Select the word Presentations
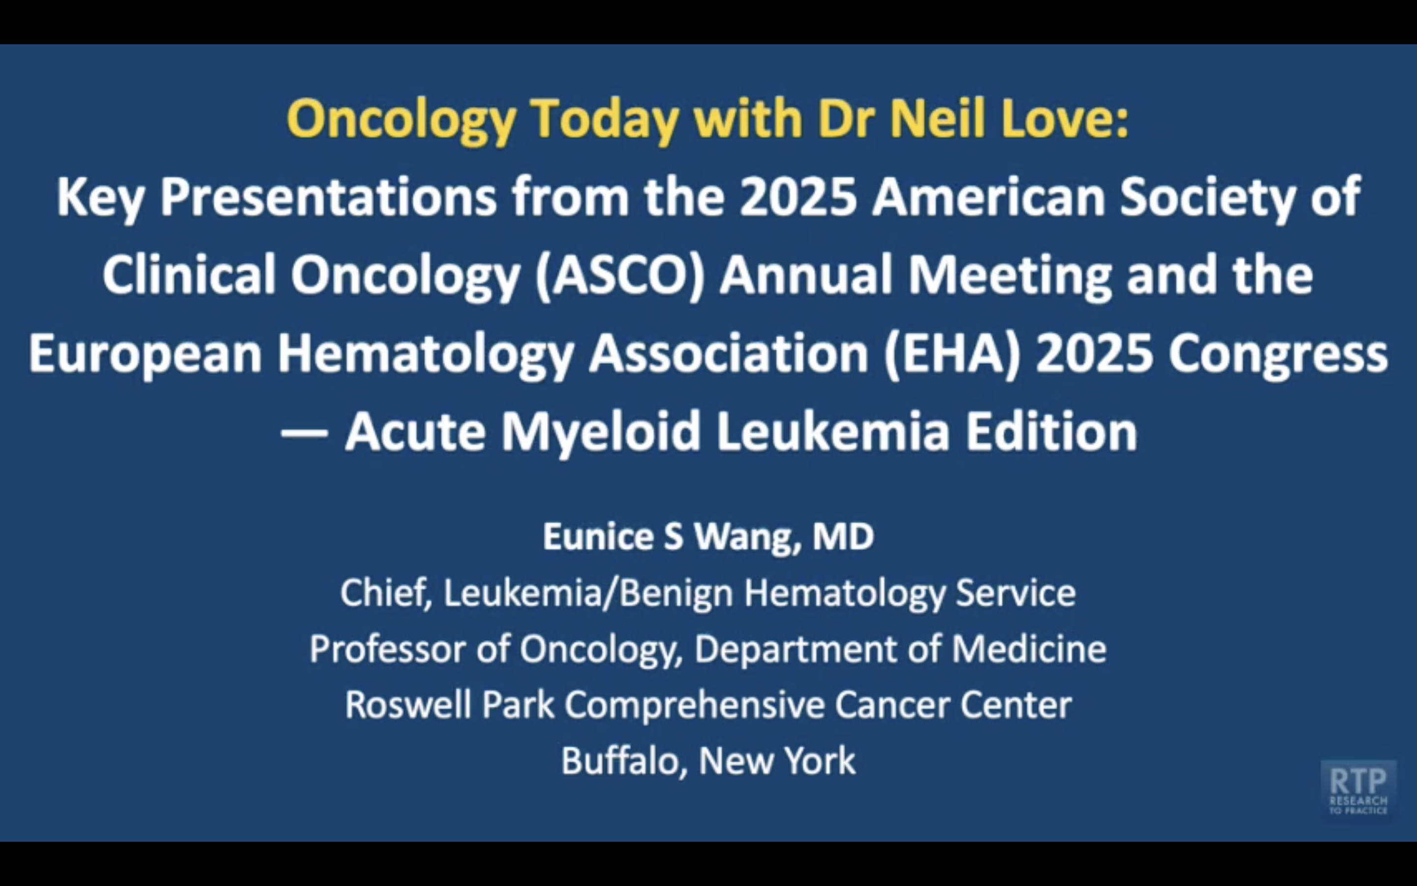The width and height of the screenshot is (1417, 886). coord(329,197)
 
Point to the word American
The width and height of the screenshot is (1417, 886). coord(988,197)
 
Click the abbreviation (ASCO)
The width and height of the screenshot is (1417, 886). coord(620,276)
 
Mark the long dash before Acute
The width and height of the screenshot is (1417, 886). coord(304,434)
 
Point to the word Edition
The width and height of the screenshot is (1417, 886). coord(1051,432)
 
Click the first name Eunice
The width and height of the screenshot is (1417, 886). coord(598,536)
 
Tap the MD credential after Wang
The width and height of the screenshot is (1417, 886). coord(843,536)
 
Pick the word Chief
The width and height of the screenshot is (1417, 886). coord(386,593)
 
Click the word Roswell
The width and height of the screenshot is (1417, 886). coord(409,705)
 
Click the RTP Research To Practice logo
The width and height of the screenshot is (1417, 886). coord(1358,789)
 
